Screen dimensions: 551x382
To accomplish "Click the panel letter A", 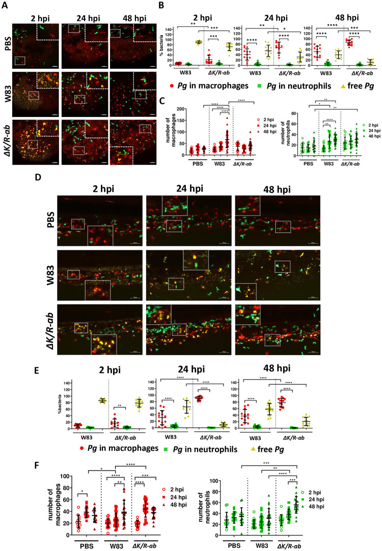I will point(5,5).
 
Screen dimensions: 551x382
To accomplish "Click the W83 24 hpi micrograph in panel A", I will point(84,92).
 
